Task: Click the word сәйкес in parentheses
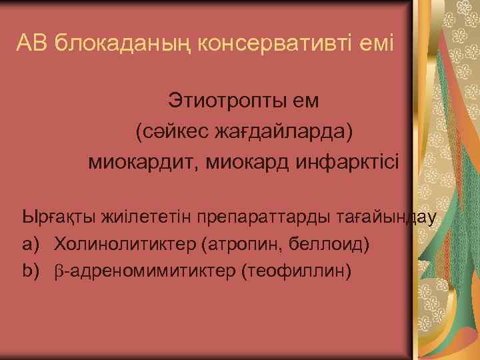(x=166, y=131)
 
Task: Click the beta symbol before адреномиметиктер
(x=59, y=272)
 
